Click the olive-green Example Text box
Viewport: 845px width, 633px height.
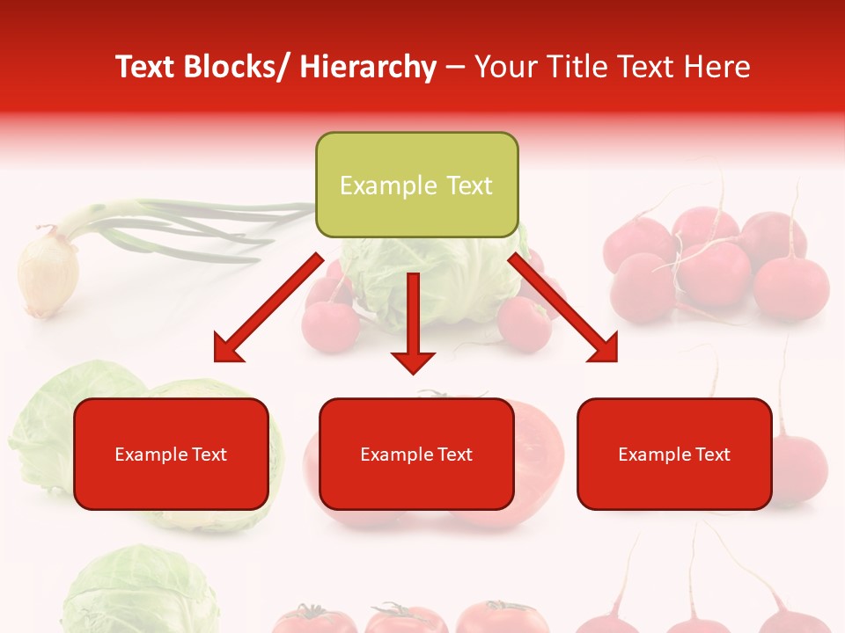[416, 185]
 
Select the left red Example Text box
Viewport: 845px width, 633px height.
[171, 454]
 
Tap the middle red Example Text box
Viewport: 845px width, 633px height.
[416, 454]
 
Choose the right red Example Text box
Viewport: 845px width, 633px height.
[674, 454]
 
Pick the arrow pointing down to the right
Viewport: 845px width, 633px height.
[563, 308]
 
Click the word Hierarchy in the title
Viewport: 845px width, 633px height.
[368, 67]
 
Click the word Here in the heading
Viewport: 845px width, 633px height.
[717, 67]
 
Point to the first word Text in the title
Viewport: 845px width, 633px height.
[146, 67]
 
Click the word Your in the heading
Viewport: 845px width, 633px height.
[504, 67]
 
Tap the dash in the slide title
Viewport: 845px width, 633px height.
[455, 68]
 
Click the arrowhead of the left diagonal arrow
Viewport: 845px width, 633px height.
[226, 349]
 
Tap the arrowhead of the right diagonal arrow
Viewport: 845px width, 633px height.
[604, 349]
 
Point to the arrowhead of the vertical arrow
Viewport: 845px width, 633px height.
[414, 360]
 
